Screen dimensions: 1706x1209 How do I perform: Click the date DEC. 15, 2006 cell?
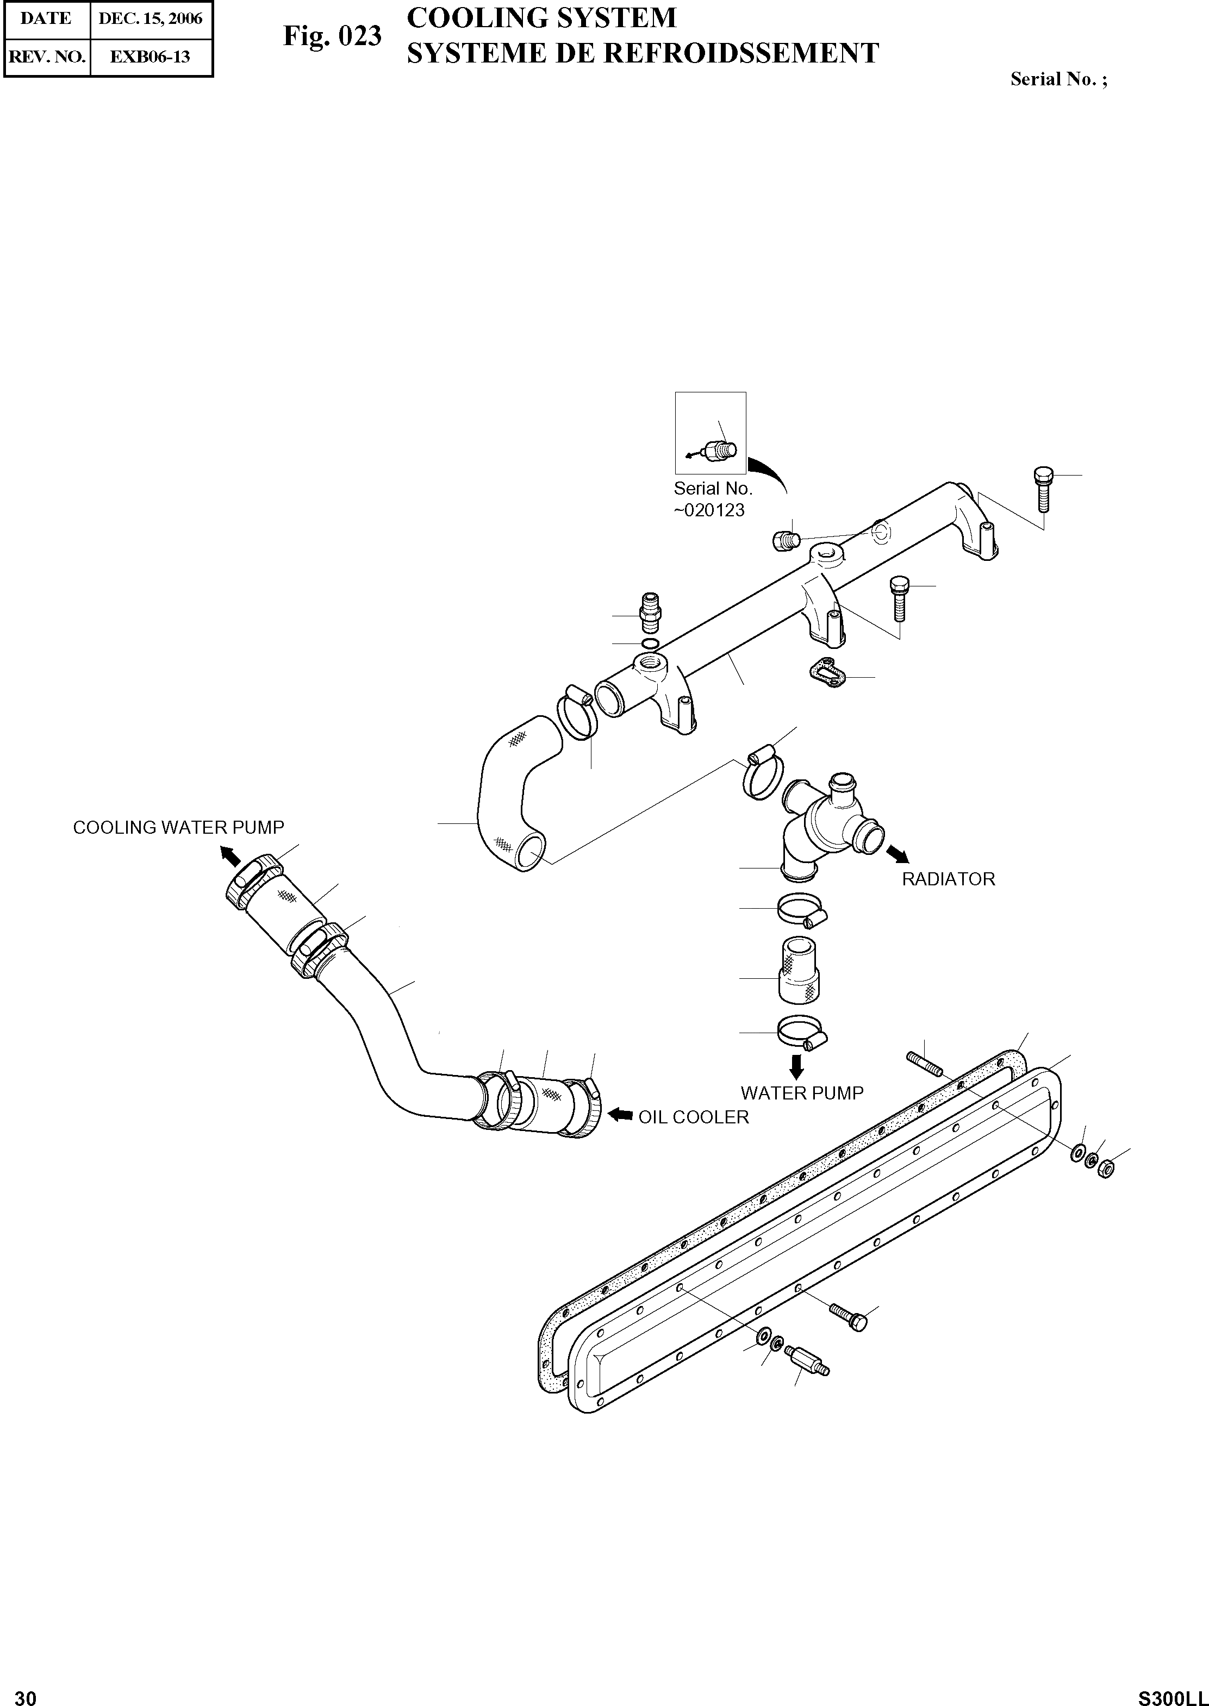point(151,18)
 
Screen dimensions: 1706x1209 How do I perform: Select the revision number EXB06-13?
point(151,57)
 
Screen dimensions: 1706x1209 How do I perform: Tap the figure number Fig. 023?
point(332,36)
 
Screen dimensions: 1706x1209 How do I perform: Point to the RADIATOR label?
point(948,879)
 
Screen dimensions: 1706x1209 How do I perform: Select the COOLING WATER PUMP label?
point(179,827)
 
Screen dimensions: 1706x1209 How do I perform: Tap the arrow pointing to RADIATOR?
point(897,854)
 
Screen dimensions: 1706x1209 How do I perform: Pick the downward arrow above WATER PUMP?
point(796,1067)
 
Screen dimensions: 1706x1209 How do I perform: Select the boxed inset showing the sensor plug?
point(710,433)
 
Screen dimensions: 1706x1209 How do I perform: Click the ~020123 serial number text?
point(709,511)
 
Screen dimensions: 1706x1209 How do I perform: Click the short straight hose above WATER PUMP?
point(798,969)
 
